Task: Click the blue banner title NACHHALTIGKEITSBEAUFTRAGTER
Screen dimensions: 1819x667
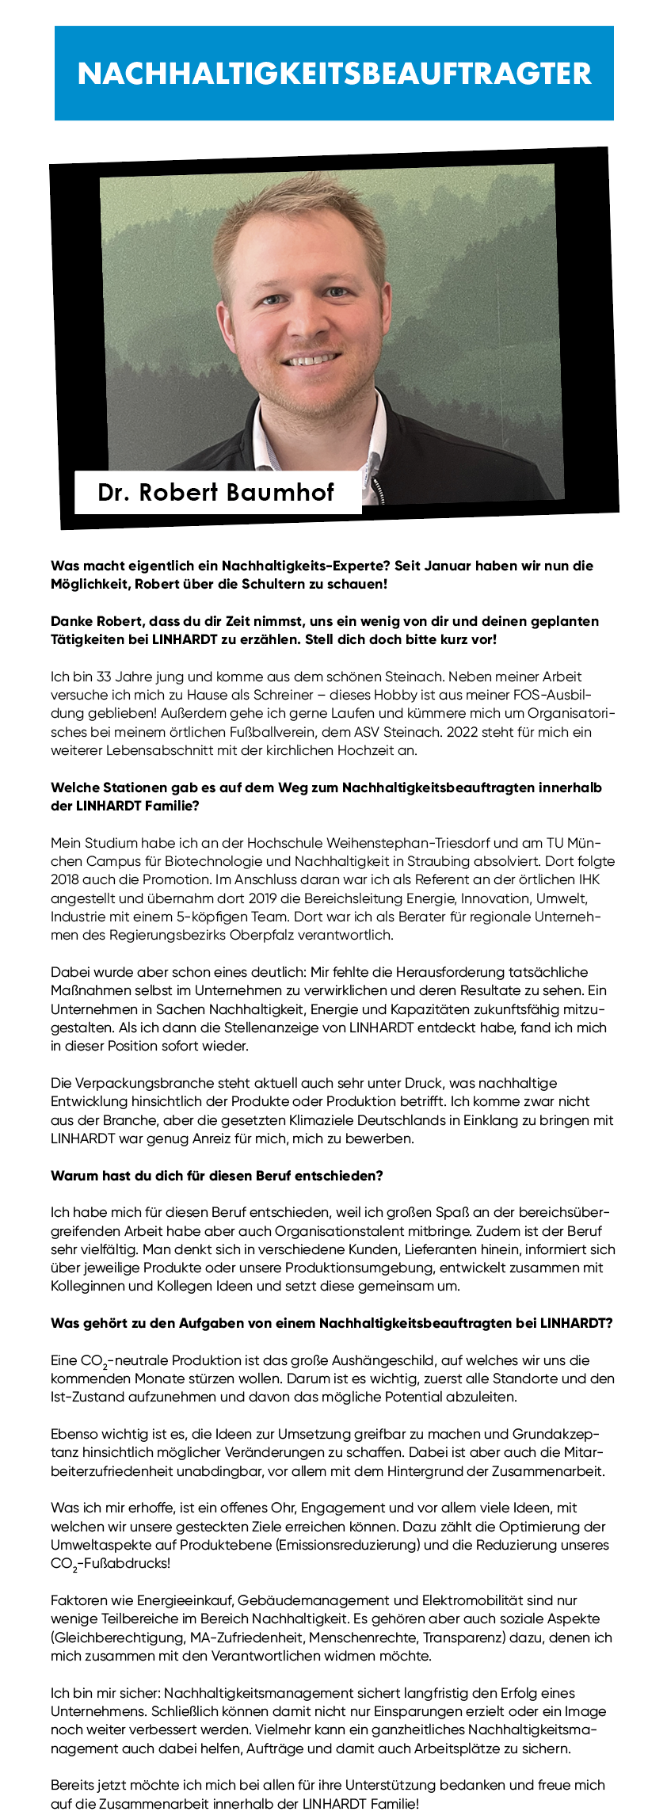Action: [x=334, y=74]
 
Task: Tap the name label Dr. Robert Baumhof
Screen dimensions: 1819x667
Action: [x=216, y=492]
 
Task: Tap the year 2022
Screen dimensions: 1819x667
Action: [x=467, y=732]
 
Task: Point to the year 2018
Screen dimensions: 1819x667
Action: [x=66, y=879]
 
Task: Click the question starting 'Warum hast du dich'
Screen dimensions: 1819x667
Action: [x=217, y=1176]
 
